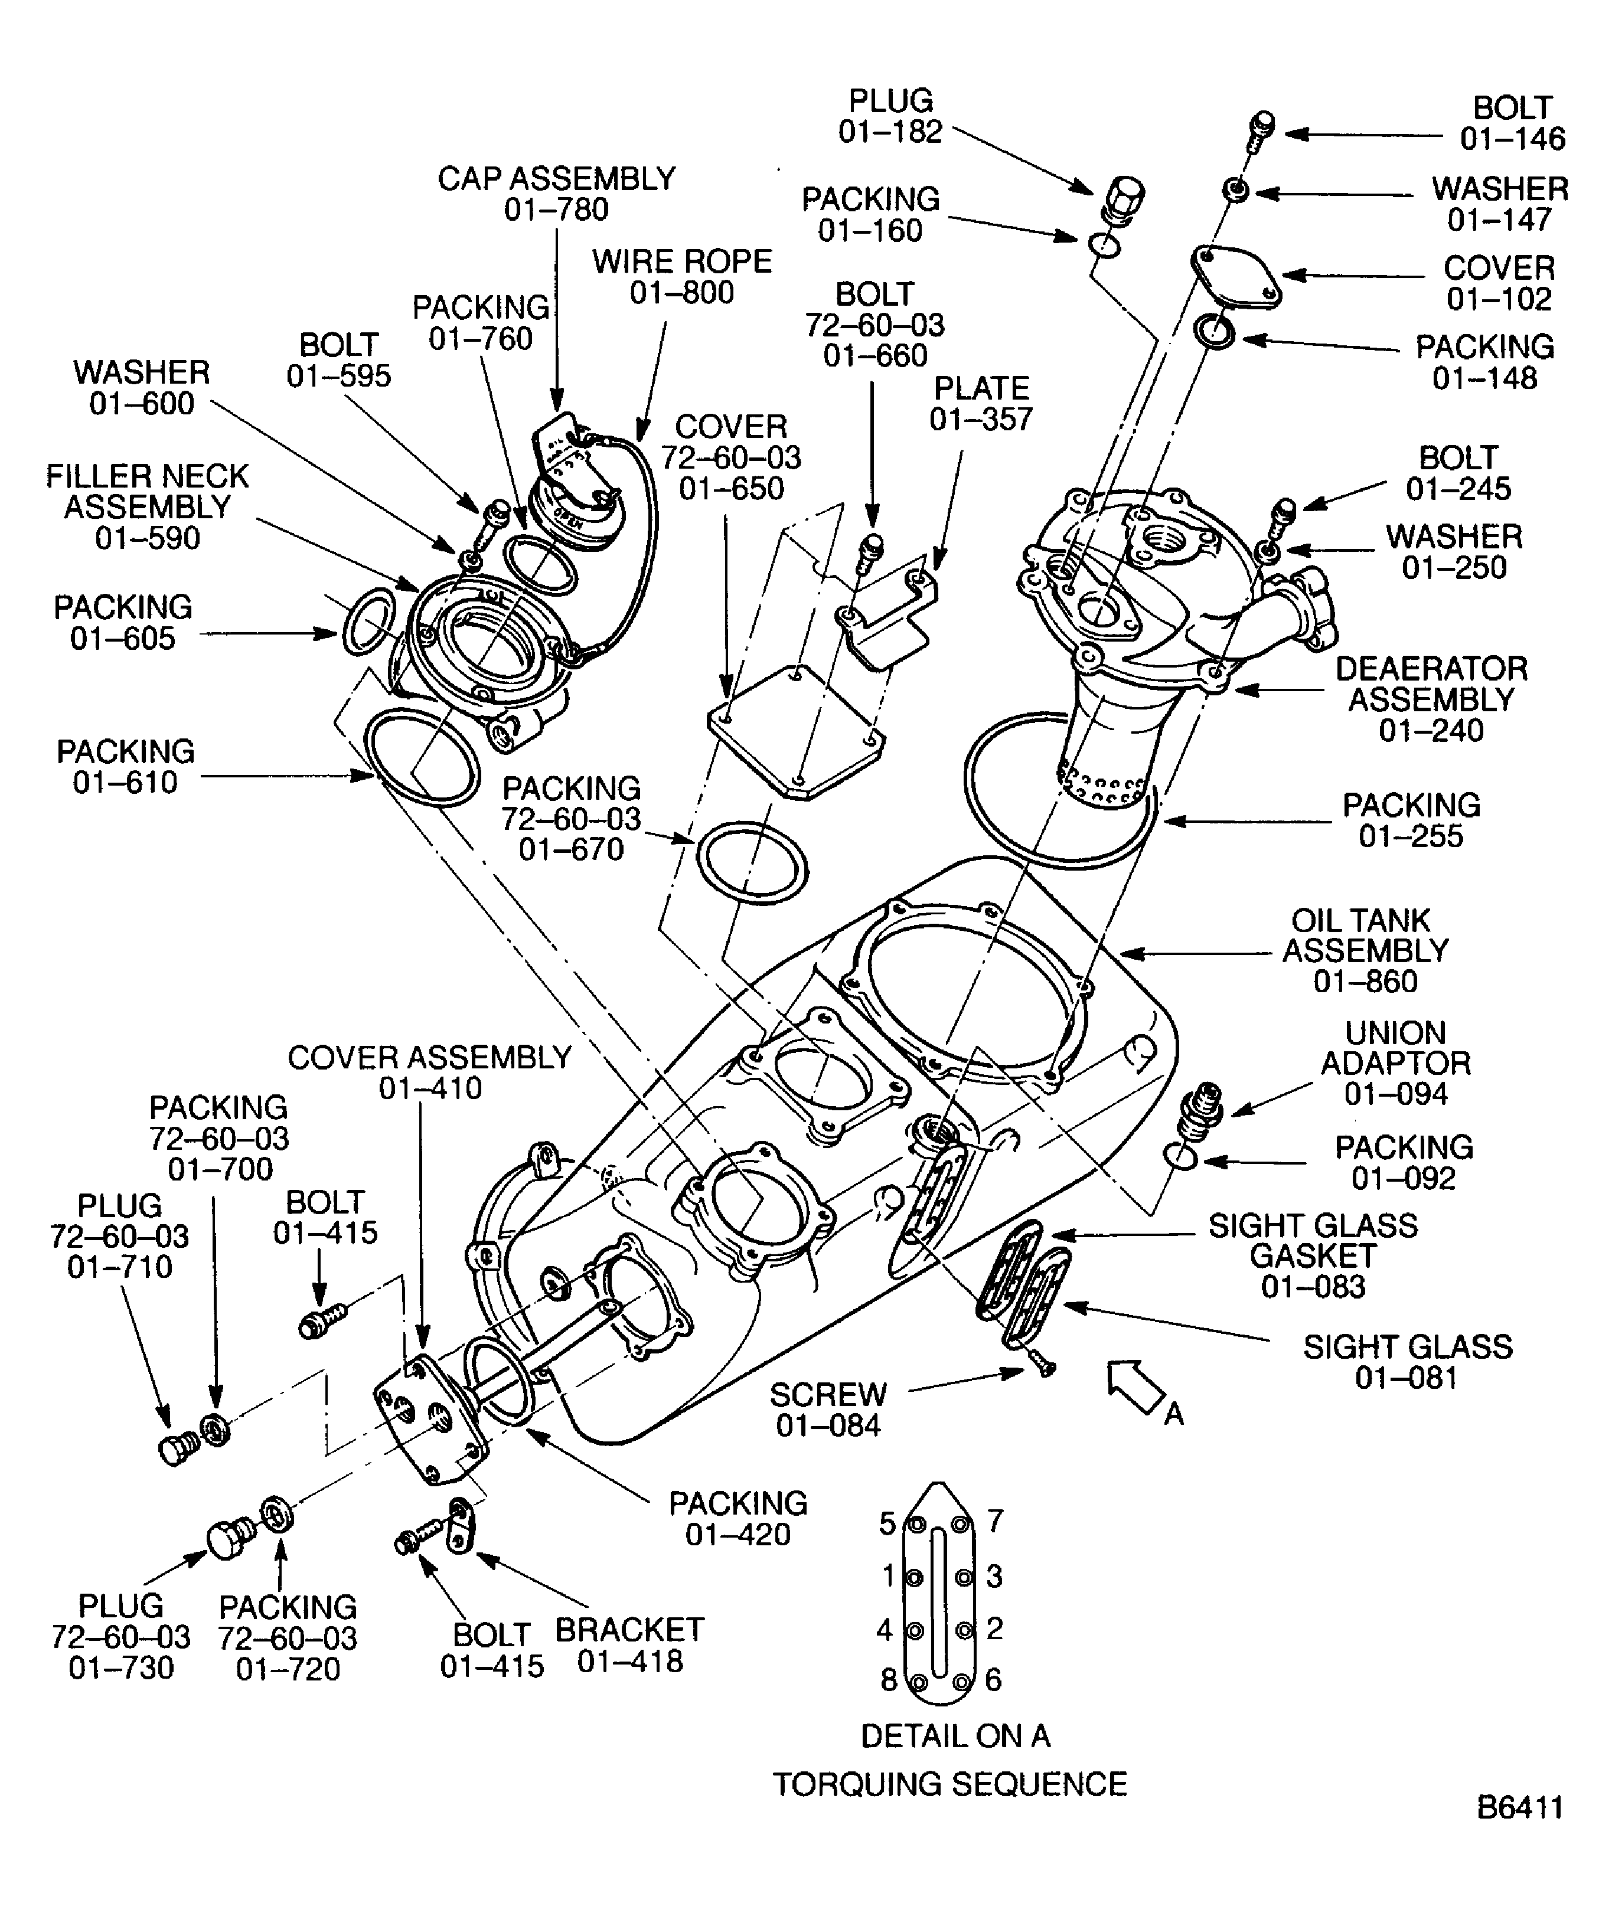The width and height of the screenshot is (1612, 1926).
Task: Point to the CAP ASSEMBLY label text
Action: (x=556, y=179)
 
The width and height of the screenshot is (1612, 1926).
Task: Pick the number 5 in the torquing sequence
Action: (x=886, y=1524)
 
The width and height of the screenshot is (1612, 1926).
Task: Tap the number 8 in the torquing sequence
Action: (x=888, y=1680)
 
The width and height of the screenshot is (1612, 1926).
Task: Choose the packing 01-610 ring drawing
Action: (x=421, y=757)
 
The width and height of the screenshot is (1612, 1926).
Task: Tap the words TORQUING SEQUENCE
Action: (x=949, y=1785)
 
